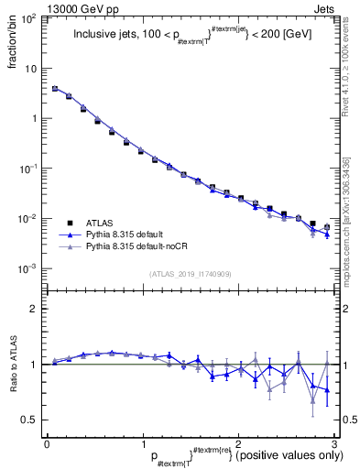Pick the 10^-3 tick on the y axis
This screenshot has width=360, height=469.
click(29, 268)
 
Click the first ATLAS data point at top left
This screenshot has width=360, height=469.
click(55, 89)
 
